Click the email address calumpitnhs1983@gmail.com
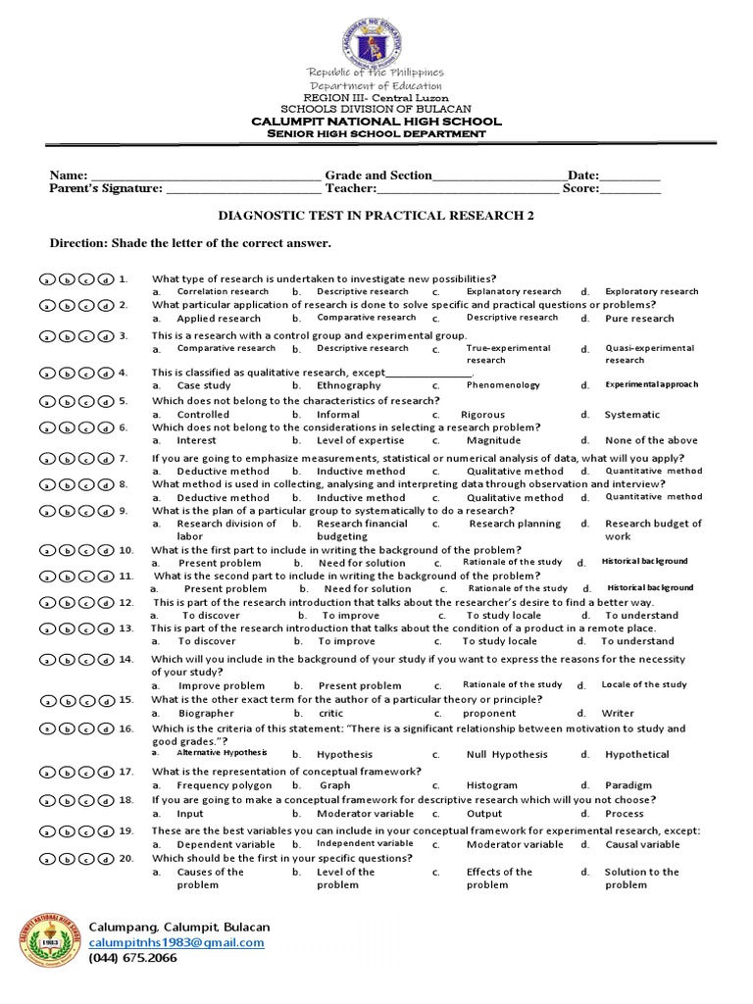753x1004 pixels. (x=176, y=942)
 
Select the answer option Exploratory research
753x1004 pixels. (x=651, y=291)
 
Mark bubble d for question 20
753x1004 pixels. (x=105, y=860)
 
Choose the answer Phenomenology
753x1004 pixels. (x=502, y=385)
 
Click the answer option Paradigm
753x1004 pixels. (x=627, y=785)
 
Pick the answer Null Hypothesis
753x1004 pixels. (x=505, y=755)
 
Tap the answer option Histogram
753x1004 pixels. (x=491, y=785)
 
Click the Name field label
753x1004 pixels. (x=69, y=176)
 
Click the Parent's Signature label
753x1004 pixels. (x=106, y=188)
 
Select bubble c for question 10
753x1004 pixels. (x=85, y=551)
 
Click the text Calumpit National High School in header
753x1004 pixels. (x=376, y=122)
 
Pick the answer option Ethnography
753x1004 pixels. (x=349, y=385)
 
